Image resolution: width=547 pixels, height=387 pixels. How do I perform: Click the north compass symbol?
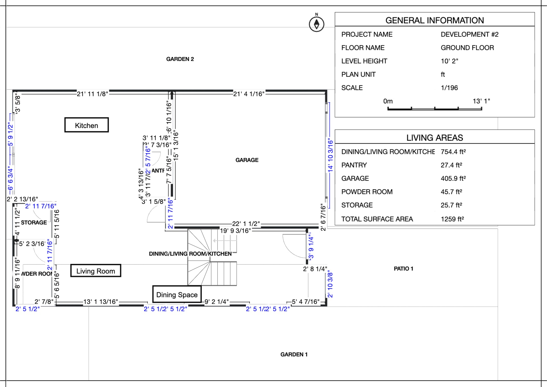tap(317, 24)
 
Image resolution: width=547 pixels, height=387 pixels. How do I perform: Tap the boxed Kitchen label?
tap(86, 125)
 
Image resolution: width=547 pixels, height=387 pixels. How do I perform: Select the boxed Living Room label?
tap(95, 271)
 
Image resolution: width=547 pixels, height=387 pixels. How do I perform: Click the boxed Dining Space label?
tap(177, 295)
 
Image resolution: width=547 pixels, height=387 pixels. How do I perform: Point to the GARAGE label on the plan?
tap(247, 160)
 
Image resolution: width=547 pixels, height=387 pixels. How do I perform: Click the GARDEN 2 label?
tap(180, 59)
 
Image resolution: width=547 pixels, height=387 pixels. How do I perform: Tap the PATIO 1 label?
tap(403, 269)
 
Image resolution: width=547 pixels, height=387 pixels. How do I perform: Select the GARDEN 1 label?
tap(294, 355)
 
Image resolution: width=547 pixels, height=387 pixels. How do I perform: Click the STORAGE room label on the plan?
tap(34, 223)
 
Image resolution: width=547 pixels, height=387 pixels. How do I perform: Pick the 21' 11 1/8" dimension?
tap(92, 94)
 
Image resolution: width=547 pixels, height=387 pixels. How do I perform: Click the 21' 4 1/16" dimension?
tap(249, 94)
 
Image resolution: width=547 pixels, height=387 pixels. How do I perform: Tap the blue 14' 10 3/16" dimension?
tap(330, 155)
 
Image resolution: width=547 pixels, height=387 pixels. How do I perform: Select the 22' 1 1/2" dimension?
tap(246, 224)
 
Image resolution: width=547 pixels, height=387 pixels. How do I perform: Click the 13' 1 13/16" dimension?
tap(101, 302)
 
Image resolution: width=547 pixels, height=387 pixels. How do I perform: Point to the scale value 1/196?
tap(449, 88)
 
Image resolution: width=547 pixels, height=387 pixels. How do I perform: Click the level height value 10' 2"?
tap(449, 61)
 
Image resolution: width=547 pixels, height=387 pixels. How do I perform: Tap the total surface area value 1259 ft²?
tap(452, 219)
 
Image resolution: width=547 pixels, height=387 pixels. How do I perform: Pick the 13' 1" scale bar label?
tap(481, 101)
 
